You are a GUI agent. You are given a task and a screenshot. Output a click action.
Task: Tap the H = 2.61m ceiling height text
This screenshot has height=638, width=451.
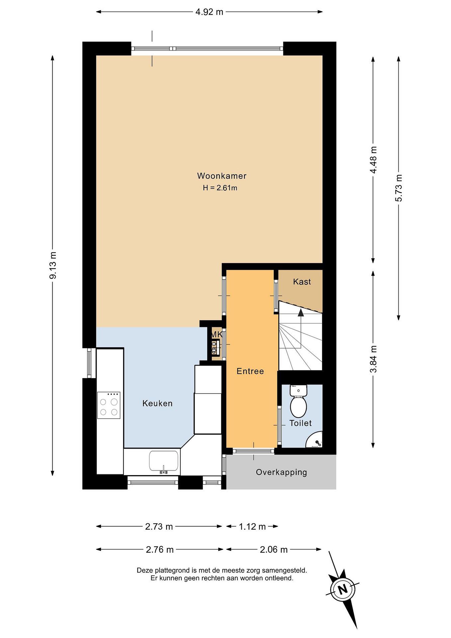[x=220, y=188]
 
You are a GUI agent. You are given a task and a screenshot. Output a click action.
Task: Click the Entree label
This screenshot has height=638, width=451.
[x=250, y=371]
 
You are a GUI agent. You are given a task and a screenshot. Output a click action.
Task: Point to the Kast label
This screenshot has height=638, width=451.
[x=302, y=282]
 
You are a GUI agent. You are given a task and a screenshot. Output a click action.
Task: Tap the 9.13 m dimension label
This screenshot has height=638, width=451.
[x=53, y=265]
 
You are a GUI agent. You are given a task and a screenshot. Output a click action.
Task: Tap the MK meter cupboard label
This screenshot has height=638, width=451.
[x=217, y=335]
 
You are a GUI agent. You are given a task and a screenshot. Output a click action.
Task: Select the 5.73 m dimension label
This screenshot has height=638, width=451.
[x=399, y=188]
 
